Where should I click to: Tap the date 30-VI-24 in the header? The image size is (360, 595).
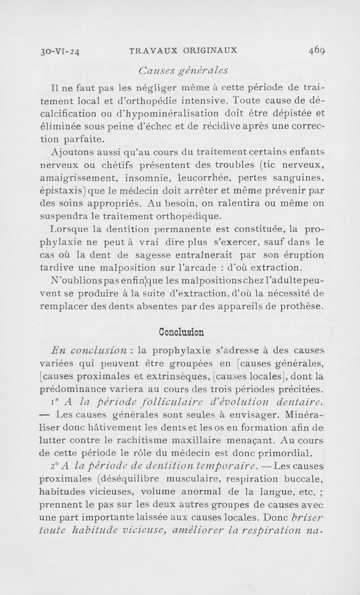coord(61,51)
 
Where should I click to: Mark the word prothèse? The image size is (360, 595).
coord(301,307)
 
